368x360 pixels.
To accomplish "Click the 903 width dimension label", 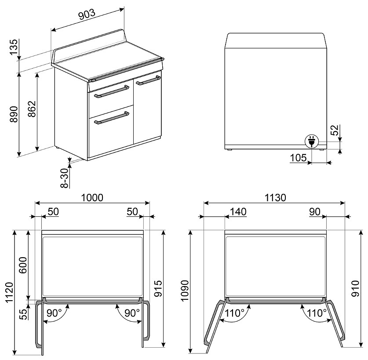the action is (87, 15).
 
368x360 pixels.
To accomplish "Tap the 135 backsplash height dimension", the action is (14, 47).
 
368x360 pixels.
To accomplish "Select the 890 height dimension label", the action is (14, 114).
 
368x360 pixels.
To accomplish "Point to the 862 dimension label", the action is (32, 109).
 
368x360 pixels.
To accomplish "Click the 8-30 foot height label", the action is (65, 178).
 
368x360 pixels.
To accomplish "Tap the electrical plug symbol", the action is (311, 142).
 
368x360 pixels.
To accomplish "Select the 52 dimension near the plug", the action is (335, 130).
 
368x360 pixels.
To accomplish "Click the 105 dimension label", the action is (298, 158).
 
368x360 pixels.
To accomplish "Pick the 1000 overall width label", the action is (92, 198).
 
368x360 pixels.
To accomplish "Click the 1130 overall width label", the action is (275, 198).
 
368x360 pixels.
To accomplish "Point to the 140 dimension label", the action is (238, 212).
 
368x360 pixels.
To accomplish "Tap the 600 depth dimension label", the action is (23, 265).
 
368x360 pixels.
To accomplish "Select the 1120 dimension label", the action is (10, 292).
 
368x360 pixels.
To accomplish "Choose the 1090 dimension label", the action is (185, 291).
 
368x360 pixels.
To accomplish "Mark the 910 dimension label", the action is (356, 289).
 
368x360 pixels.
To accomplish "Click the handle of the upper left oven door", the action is (111, 92).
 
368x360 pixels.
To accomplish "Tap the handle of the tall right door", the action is (148, 80).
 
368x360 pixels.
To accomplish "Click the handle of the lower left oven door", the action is (111, 118).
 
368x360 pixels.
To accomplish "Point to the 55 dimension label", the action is (23, 314).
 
